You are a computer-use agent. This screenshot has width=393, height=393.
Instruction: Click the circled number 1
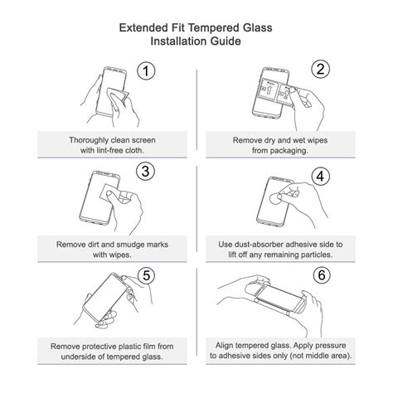coord(146,71)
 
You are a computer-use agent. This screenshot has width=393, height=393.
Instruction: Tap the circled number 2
coord(321,69)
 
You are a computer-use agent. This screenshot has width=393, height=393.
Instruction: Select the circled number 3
coord(146,172)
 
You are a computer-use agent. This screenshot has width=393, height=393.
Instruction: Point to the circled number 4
coord(321,176)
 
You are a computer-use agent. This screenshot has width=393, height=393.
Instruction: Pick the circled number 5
coord(147,275)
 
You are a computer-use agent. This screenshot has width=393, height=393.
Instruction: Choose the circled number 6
coord(322,275)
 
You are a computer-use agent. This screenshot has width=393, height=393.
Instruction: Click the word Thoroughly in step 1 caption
coord(89,140)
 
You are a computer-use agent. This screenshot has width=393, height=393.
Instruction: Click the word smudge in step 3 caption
coord(130,245)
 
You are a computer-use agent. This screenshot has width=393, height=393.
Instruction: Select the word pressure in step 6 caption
coord(331,346)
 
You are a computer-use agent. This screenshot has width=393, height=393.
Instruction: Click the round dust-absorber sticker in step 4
coord(275,198)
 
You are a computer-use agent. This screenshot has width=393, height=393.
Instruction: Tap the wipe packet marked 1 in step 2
coord(268,90)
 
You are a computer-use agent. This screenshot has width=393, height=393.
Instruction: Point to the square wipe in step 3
coord(109,192)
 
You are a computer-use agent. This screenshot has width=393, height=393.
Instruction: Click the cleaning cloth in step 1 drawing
coord(118,96)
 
